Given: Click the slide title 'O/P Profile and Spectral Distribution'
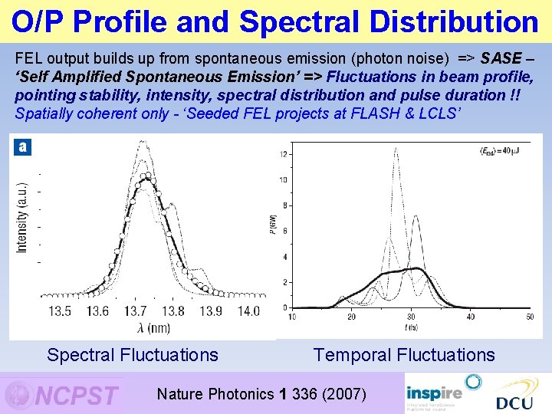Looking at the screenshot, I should click(x=275, y=21).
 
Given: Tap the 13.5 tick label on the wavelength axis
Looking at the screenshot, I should click(x=60, y=311).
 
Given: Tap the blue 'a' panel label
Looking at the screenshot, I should click(x=22, y=146).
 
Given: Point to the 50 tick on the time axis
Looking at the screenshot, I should click(x=530, y=317).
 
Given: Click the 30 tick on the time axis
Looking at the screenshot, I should click(x=411, y=317).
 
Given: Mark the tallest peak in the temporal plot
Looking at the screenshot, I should click(x=396, y=150).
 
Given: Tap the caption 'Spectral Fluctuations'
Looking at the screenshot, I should click(x=133, y=355).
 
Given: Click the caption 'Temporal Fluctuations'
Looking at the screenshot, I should click(x=404, y=355).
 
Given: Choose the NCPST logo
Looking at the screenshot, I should click(x=63, y=395).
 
